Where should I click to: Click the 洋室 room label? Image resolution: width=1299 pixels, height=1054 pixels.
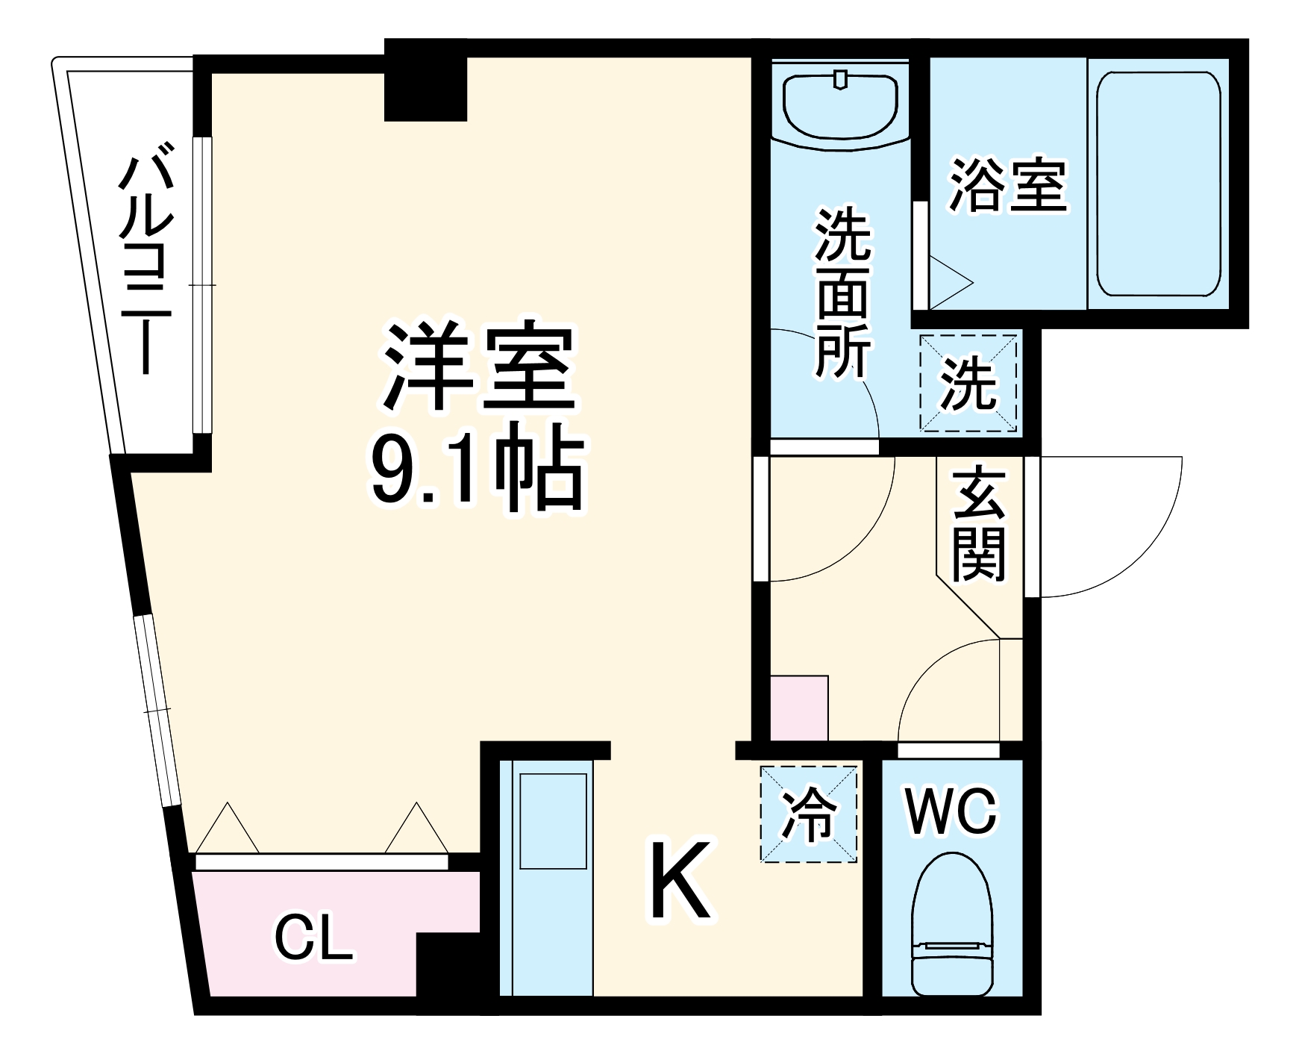click(x=478, y=367)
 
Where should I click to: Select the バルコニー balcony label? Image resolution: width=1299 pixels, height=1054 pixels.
click(x=145, y=265)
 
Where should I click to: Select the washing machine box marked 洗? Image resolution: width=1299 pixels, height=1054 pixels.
click(x=968, y=383)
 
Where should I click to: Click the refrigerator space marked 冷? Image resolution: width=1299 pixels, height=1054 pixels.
click(x=809, y=814)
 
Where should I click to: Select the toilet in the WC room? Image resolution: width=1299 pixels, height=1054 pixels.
click(x=952, y=925)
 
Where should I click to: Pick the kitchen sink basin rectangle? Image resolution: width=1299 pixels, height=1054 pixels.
click(x=553, y=821)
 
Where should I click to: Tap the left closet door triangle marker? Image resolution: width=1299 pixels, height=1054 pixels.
click(x=227, y=828)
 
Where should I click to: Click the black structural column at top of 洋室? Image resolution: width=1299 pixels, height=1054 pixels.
click(x=425, y=82)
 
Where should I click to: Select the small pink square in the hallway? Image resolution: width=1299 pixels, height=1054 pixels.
click(x=798, y=707)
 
